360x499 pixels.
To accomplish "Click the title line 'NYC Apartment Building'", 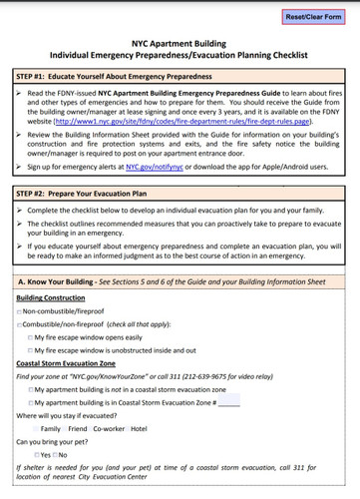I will click(x=180, y=44).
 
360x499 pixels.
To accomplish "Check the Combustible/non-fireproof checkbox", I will click(x=20, y=325).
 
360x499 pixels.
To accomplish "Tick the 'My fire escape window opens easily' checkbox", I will click(x=31, y=337).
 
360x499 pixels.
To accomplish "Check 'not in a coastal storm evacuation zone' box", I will click(x=31, y=388).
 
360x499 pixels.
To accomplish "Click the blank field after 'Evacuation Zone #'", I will click(x=228, y=401).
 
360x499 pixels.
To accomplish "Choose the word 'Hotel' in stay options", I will click(x=139, y=427).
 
